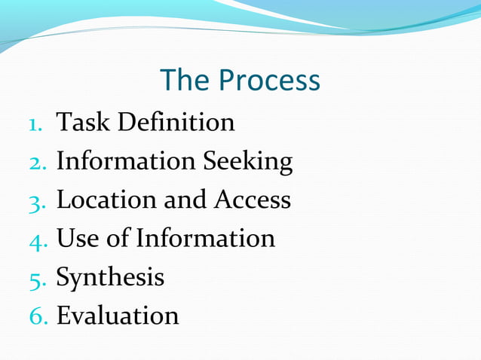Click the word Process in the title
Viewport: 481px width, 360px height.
(270, 81)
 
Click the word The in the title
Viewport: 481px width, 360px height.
(185, 81)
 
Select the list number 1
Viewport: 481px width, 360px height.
(38, 123)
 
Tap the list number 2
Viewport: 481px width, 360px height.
(38, 162)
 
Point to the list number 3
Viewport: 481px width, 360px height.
(38, 201)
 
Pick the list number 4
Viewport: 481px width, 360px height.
(38, 240)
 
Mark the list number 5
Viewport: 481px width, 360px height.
(38, 279)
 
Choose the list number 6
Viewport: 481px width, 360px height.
(38, 317)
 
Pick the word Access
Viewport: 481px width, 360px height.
(253, 200)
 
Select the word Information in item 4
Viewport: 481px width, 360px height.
(205, 239)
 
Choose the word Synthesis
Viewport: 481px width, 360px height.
(110, 279)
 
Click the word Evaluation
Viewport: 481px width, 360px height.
(118, 316)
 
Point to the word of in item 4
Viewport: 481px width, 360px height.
(118, 239)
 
